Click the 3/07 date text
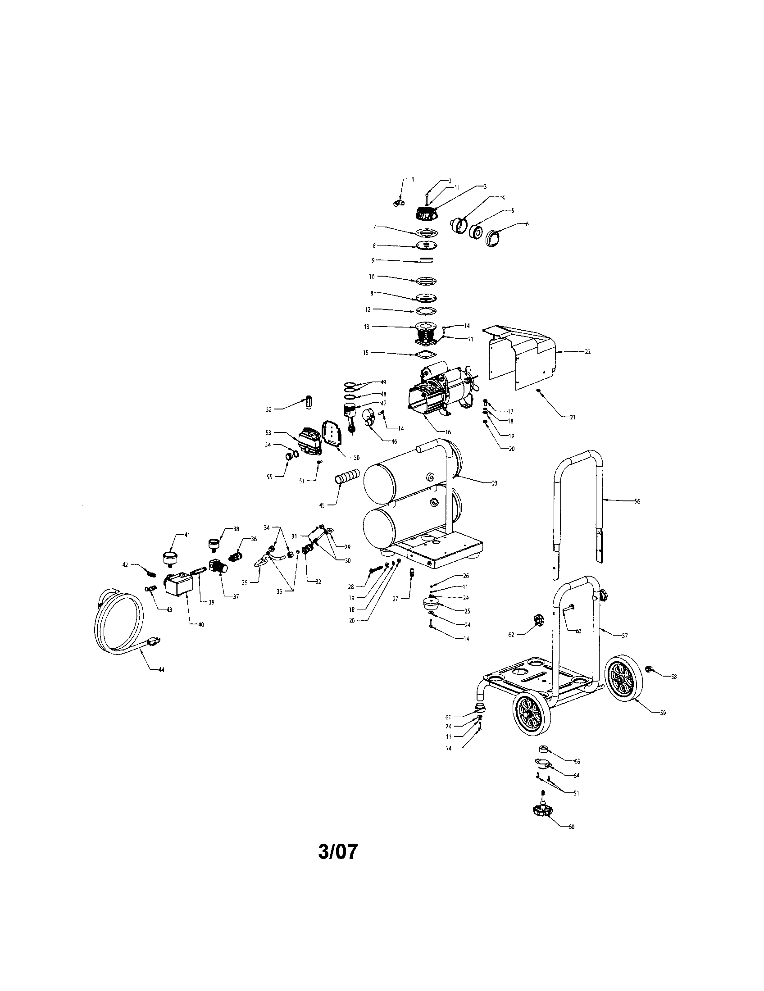[x=337, y=852]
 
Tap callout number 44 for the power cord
[x=161, y=670]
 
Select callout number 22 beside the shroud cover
[x=587, y=352]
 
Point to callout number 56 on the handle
[x=637, y=501]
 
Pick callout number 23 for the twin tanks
[x=495, y=483]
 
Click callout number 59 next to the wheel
[x=663, y=713]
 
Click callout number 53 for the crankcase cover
[x=268, y=432]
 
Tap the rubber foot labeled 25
[x=429, y=605]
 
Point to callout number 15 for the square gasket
[x=366, y=353]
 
